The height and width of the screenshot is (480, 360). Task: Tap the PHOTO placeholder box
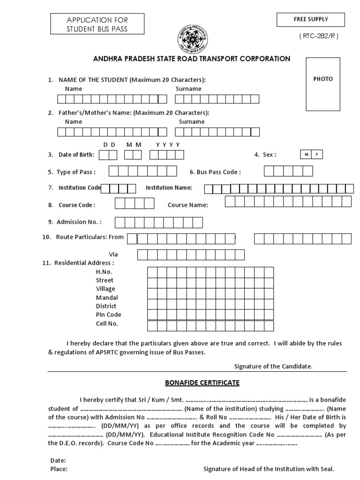[323, 83]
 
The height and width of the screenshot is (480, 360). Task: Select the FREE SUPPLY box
[311, 20]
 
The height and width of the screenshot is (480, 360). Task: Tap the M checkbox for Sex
[305, 155]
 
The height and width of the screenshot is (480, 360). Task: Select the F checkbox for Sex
[316, 155]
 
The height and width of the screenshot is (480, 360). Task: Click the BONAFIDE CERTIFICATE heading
[202, 383]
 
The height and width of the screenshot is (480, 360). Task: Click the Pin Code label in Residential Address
[108, 315]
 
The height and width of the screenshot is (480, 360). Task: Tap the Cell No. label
[107, 323]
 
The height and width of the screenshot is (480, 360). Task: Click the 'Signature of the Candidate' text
[273, 366]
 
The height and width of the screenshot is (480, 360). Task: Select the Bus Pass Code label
[215, 172]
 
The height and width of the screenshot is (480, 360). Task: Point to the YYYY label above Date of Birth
[168, 145]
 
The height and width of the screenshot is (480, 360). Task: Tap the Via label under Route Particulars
[113, 254]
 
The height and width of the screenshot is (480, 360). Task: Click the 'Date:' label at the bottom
[58, 460]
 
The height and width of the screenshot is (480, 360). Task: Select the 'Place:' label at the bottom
[59, 469]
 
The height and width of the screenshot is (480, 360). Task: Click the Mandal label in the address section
[107, 298]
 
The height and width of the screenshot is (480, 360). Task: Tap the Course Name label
[187, 205]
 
